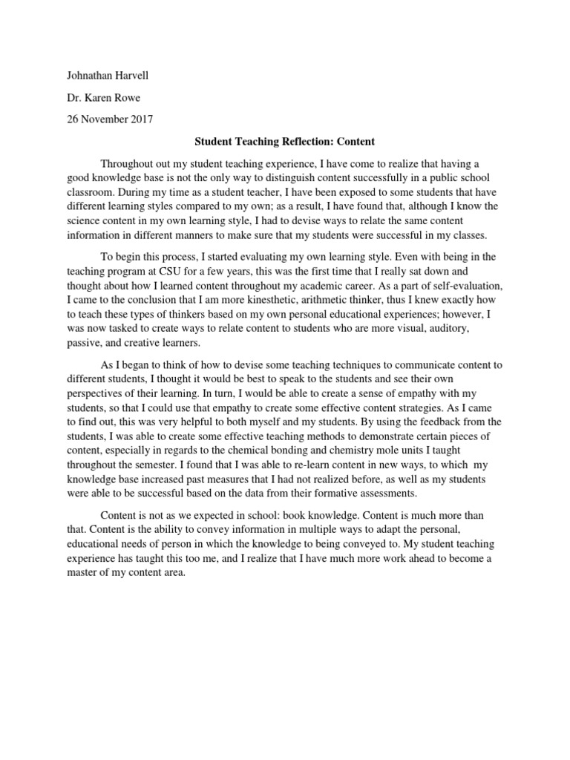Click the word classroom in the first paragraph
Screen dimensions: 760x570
click(83, 193)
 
